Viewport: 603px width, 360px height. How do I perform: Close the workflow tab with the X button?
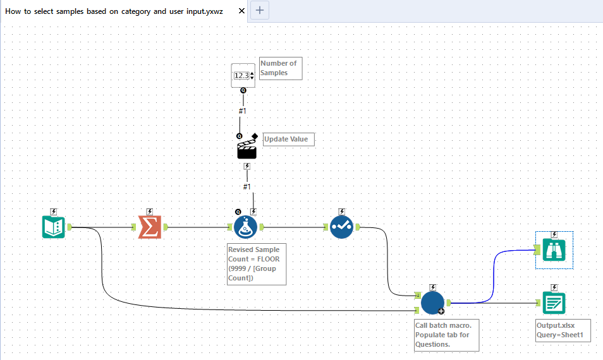(241, 11)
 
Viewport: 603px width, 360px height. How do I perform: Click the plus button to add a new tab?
(260, 10)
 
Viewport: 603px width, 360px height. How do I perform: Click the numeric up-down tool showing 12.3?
(243, 75)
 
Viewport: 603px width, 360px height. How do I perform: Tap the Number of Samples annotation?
(281, 68)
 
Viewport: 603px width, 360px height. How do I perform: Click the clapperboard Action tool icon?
(247, 148)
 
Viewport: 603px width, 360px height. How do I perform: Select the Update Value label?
(288, 139)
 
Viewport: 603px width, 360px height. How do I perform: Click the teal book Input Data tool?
(54, 227)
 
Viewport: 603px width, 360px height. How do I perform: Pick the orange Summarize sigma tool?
(150, 227)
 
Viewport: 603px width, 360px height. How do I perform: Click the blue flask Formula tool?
(246, 227)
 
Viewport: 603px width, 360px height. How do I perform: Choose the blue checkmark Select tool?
(341, 227)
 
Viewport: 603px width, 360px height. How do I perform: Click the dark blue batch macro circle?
(433, 303)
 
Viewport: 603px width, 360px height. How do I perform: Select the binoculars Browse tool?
(554, 250)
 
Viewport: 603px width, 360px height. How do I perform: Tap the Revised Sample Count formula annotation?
(257, 264)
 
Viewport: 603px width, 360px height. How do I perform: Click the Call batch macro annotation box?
(446, 335)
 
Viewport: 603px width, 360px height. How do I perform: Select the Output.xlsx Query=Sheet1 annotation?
(563, 330)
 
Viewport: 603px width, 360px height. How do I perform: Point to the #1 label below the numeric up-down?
(243, 111)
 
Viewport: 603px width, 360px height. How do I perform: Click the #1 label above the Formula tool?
(247, 186)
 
